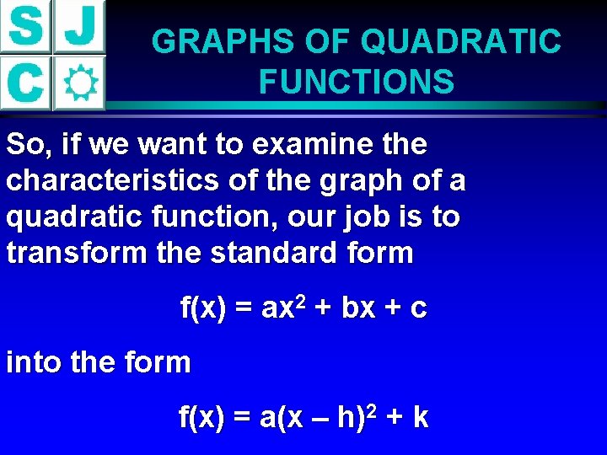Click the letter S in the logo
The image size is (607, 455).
pos(25,27)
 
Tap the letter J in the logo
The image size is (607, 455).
pos(80,27)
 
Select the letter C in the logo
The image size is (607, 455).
pos(25,83)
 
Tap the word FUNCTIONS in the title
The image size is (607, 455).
pos(357,83)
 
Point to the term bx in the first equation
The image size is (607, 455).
pos(358,309)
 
